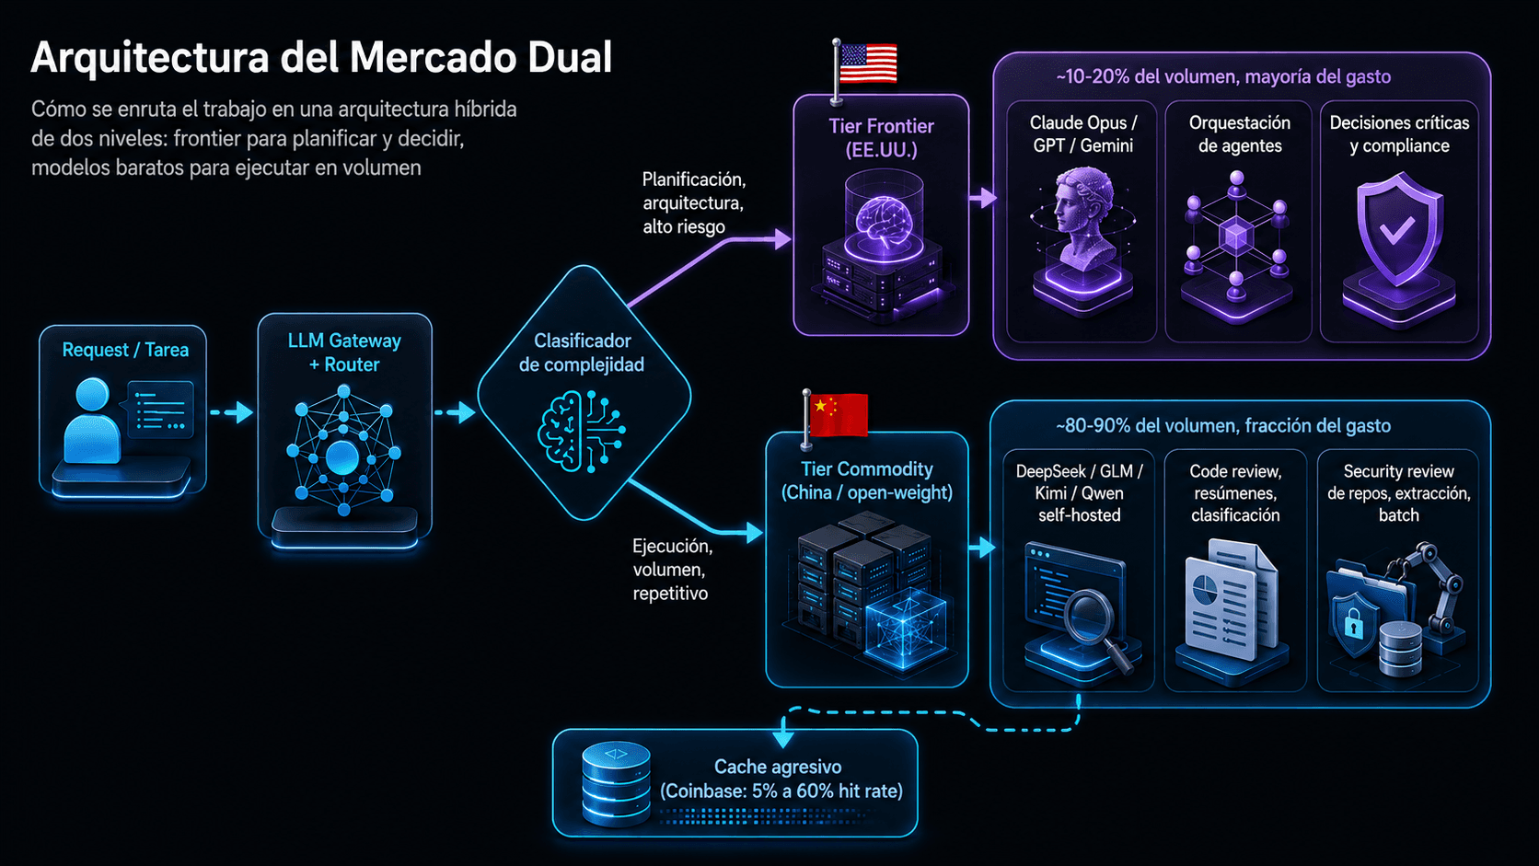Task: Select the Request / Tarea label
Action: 125,350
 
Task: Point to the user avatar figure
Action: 91,420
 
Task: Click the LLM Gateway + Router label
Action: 344,352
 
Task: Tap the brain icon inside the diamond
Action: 581,432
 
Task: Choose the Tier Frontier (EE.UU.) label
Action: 882,137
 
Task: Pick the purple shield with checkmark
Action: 1397,228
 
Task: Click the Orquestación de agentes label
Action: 1240,134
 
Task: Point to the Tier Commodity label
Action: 866,480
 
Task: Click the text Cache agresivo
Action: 778,767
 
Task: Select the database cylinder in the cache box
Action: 616,782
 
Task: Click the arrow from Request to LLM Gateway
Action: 231,412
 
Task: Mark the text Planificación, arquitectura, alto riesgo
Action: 693,202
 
